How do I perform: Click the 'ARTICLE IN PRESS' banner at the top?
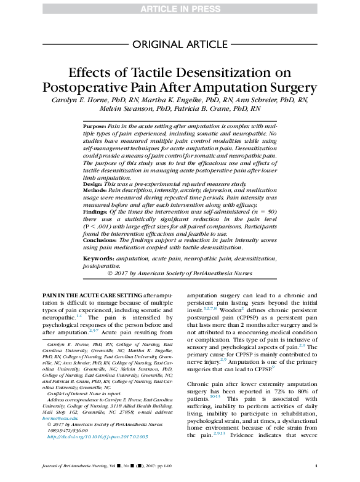click(180, 8)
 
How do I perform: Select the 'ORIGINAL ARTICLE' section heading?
click(180, 44)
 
